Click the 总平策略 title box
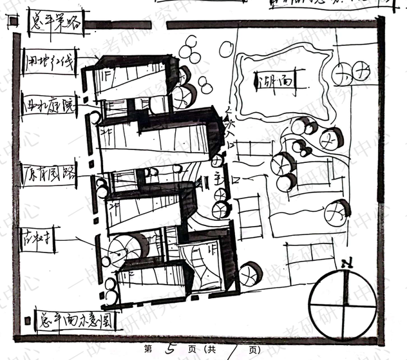click(x=54, y=24)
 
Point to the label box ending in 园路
click(x=48, y=175)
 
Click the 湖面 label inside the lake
click(x=278, y=82)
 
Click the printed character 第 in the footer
click(x=149, y=350)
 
